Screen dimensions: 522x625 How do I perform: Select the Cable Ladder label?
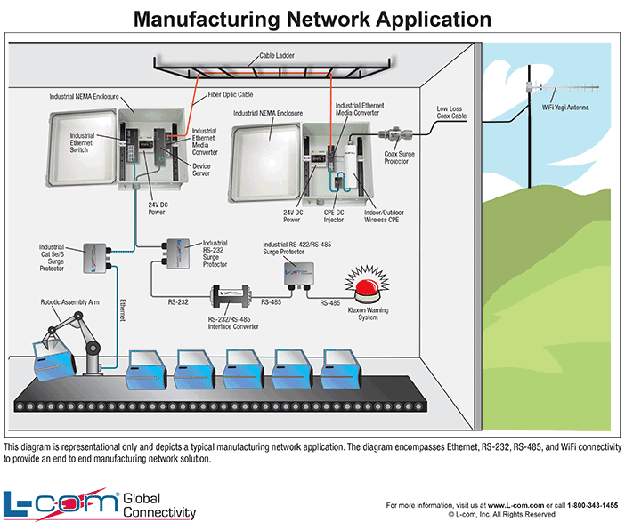(x=276, y=55)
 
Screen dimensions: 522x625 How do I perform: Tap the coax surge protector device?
(x=395, y=136)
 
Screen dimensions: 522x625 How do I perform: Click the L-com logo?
(x=61, y=503)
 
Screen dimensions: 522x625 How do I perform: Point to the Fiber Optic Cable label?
(x=232, y=94)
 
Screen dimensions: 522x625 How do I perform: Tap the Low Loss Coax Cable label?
(x=451, y=112)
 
